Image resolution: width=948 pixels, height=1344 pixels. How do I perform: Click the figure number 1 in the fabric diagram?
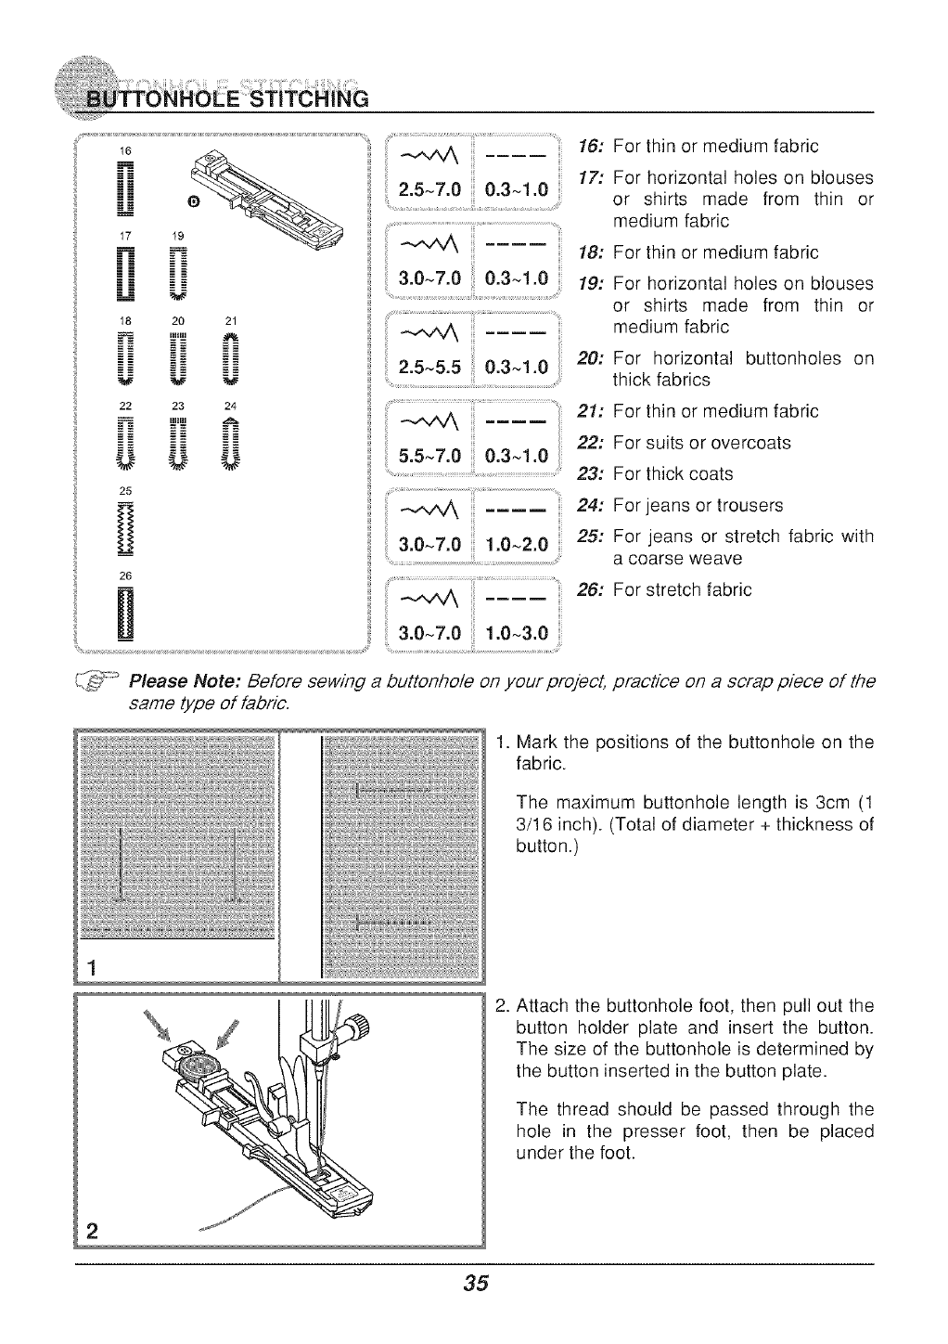91,966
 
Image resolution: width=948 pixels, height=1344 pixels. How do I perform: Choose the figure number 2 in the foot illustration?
91,1232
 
